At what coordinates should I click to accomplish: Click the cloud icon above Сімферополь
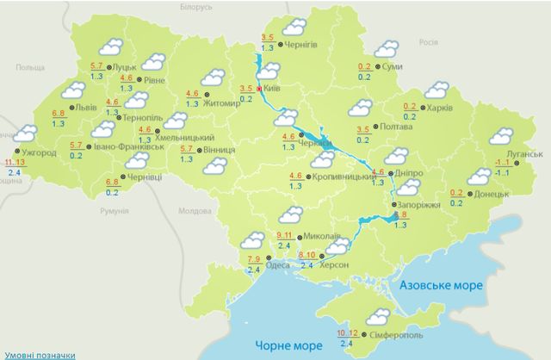click(x=377, y=316)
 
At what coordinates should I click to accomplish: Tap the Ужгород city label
click(x=37, y=152)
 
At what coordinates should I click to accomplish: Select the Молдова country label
click(x=192, y=211)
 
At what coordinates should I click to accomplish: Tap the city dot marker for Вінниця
click(x=200, y=150)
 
